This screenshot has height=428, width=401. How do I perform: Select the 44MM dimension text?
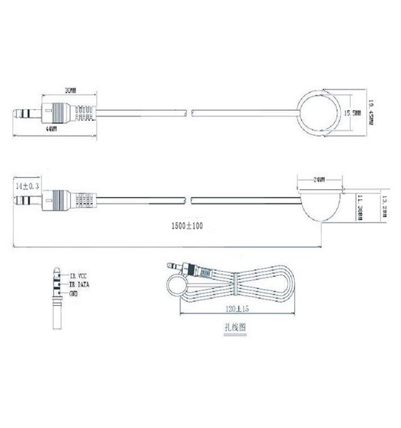pos(51,129)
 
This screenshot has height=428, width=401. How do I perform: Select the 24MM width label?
pos(319,180)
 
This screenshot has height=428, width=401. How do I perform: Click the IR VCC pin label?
pos(78,277)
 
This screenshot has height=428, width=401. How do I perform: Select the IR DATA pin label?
pos(79,285)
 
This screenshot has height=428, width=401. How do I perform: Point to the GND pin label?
pos(73,294)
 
